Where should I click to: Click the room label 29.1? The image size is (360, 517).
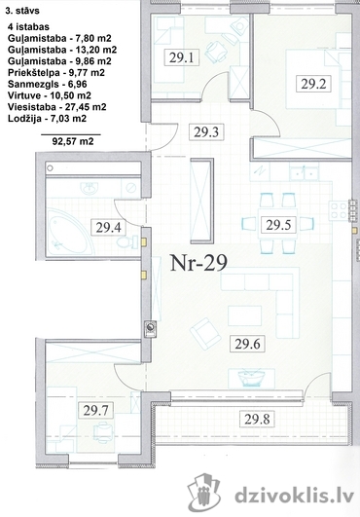click(181, 58)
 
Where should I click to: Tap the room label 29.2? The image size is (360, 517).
click(313, 84)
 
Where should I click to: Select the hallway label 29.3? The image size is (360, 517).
click(206, 132)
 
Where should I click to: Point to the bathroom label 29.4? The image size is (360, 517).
click(108, 228)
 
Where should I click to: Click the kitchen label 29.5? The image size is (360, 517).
click(278, 225)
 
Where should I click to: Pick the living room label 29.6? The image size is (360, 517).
click(248, 344)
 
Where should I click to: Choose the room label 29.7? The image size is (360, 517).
click(95, 411)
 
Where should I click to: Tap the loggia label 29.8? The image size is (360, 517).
click(257, 419)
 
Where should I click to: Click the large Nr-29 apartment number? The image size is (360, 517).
click(198, 263)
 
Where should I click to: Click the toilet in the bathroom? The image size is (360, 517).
click(127, 241)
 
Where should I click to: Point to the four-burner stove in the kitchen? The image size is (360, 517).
click(339, 211)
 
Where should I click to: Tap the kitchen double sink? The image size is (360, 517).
click(304, 172)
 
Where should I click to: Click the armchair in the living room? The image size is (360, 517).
click(205, 333)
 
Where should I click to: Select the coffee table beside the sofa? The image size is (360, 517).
click(245, 315)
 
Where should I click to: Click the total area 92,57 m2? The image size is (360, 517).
click(73, 141)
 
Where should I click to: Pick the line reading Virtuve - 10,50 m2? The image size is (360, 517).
click(50, 95)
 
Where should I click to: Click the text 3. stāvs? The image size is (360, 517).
click(22, 11)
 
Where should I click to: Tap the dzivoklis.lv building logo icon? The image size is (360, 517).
click(204, 493)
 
